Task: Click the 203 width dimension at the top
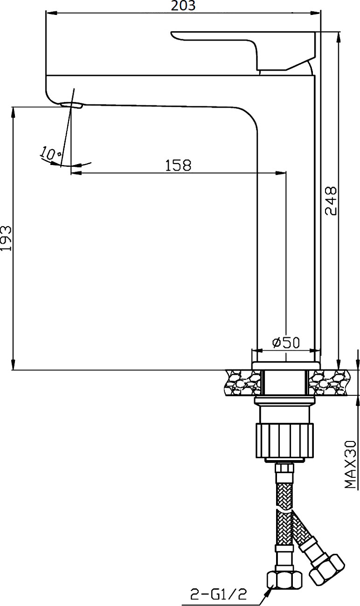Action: click(183, 6)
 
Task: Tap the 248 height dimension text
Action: click(331, 201)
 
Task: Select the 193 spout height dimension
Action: click(6, 238)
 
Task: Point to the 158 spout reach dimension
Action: click(178, 165)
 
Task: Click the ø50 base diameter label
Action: click(286, 343)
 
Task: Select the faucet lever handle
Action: click(243, 50)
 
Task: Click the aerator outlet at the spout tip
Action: click(71, 105)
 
